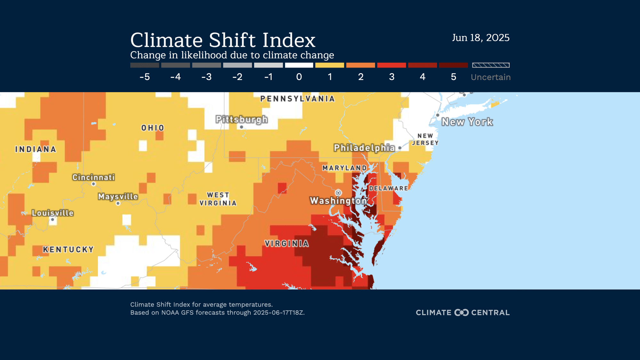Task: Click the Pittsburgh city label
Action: [x=242, y=119]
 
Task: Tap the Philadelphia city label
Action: [x=364, y=148]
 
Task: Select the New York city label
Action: [x=467, y=122]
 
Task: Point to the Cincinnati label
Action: [x=93, y=177]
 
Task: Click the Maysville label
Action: [x=118, y=196]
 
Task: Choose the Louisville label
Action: [x=53, y=213]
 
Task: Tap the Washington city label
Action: [x=338, y=201]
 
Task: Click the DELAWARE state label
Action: [x=388, y=188]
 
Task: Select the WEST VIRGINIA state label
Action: [x=218, y=199]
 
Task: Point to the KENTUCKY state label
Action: [x=68, y=250]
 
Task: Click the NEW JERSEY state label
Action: [x=425, y=140]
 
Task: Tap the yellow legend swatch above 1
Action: [x=330, y=65]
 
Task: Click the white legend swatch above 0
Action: [x=299, y=65]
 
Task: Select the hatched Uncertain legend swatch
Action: [x=491, y=65]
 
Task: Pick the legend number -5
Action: [x=145, y=77]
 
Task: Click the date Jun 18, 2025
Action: [x=481, y=38]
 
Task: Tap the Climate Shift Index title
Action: [x=223, y=40]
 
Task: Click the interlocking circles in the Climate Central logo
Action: [x=461, y=313]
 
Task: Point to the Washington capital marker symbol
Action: [x=338, y=193]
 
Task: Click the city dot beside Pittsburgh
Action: [x=242, y=127]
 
